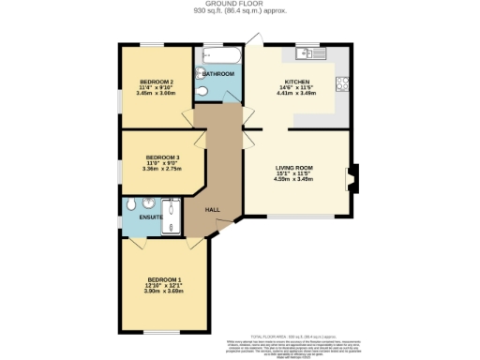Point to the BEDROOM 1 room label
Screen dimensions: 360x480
coord(163,279)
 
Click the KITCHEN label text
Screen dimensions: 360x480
coord(297,82)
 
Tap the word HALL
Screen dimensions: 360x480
coord(213,210)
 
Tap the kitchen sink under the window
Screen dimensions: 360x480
coord(310,52)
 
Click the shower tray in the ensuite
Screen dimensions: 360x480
coord(172,217)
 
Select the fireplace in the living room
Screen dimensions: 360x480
coord(352,179)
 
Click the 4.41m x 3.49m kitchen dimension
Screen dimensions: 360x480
coord(297,93)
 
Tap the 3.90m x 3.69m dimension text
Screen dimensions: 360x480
coord(163,291)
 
